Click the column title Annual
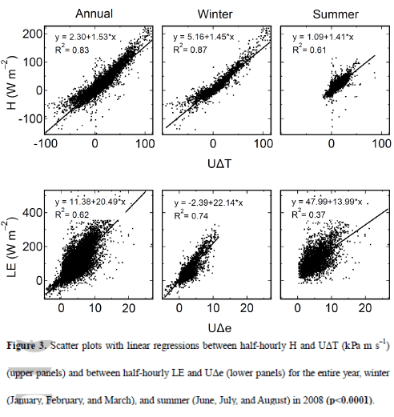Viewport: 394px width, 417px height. click(94, 13)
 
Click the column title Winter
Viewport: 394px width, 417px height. click(213, 13)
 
